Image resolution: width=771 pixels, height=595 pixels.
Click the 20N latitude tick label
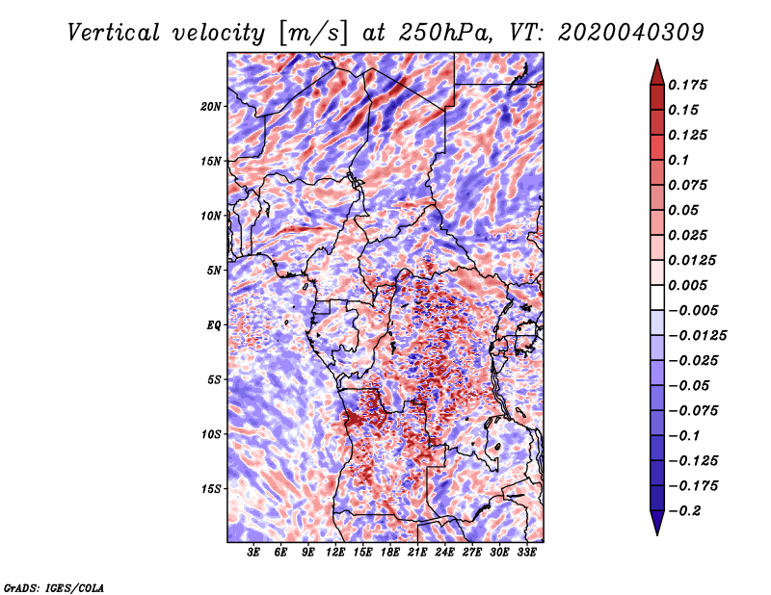click(x=210, y=107)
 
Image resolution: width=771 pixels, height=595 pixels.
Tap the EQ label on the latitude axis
click(x=213, y=325)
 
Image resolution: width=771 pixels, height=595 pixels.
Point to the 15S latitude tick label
click(x=210, y=489)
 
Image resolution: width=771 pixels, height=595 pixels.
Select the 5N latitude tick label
click(x=213, y=271)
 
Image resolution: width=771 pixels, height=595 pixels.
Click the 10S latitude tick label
click(x=210, y=434)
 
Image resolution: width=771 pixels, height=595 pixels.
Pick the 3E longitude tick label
click(x=253, y=553)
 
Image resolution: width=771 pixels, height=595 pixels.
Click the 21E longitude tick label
click(x=417, y=553)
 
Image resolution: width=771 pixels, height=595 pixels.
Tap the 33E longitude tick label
click(x=526, y=553)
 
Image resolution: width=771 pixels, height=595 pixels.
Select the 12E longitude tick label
click(x=334, y=553)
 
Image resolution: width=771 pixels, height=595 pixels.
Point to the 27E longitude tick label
click(x=471, y=553)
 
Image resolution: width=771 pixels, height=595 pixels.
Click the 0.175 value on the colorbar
click(x=687, y=85)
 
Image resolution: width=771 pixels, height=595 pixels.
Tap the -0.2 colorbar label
click(x=685, y=511)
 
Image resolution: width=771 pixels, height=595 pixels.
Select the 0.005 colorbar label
click(x=687, y=285)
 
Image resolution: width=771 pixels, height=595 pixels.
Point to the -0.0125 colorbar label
click(x=697, y=336)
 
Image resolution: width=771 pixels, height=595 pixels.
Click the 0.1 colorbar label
click(x=678, y=160)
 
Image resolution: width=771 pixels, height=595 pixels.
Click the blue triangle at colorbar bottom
click(x=657, y=522)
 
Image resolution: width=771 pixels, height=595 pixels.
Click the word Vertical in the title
click(x=114, y=33)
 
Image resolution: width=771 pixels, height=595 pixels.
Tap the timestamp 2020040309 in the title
click(x=631, y=33)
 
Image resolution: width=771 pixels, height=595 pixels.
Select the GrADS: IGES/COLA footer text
click(x=54, y=588)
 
